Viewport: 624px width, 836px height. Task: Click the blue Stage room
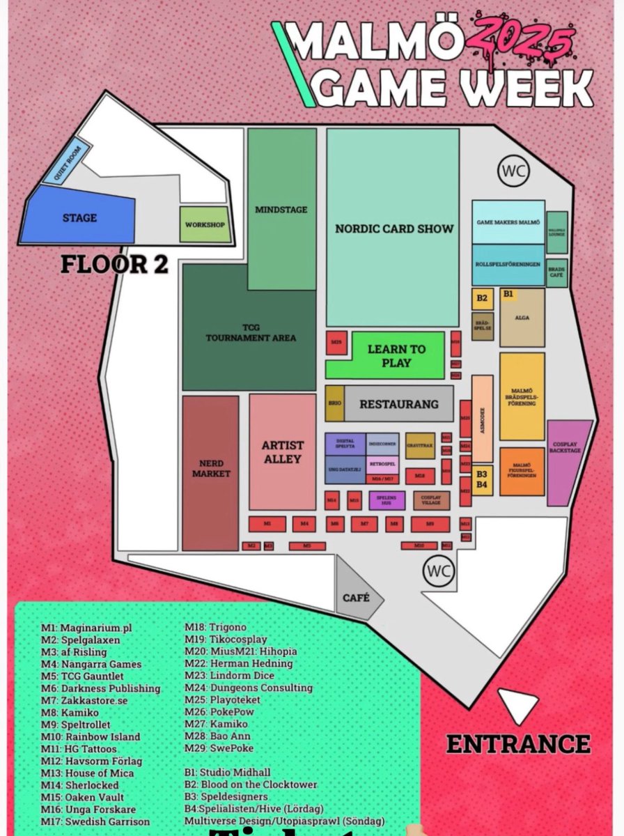[79, 218]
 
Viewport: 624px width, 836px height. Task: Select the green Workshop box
[205, 225]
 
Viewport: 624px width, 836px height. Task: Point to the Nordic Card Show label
[393, 229]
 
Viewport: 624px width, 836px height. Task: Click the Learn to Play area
[386, 355]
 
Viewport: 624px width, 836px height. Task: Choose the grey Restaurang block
[398, 404]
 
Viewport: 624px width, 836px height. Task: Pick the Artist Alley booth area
[282, 451]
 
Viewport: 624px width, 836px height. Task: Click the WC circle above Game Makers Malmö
[514, 170]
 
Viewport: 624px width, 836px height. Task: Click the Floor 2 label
[114, 265]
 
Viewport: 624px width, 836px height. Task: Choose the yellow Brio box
[334, 403]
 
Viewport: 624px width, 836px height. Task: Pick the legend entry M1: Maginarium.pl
[87, 628]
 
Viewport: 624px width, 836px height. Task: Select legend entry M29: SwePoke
[219, 748]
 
